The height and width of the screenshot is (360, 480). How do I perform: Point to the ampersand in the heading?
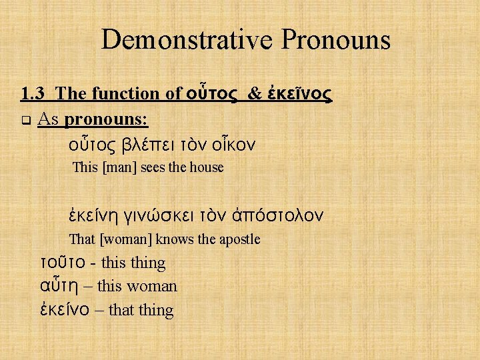pyautogui.click(x=255, y=95)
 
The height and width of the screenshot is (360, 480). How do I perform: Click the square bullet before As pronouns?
pyautogui.click(x=26, y=121)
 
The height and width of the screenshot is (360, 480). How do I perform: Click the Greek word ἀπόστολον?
pyautogui.click(x=281, y=215)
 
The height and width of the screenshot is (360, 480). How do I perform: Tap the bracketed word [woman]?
pyautogui.click(x=126, y=239)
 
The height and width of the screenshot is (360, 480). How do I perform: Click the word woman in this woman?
pyautogui.click(x=153, y=287)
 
